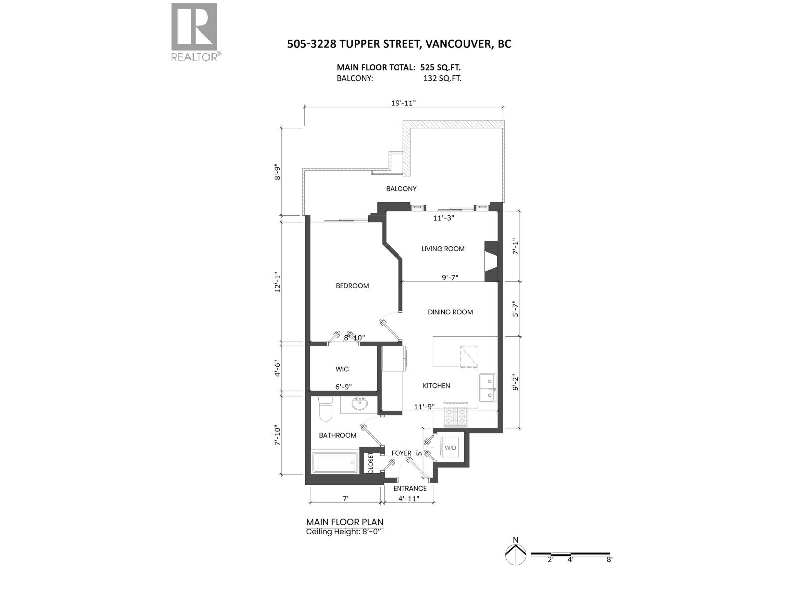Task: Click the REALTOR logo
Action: click(194, 32)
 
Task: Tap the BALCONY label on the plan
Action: click(401, 189)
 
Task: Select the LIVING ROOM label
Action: click(443, 249)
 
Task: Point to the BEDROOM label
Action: click(352, 286)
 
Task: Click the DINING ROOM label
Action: click(450, 312)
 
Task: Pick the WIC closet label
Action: click(342, 369)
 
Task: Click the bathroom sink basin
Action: click(359, 403)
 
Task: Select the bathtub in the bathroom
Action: click(335, 462)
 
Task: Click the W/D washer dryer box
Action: click(450, 448)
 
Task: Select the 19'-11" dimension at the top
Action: click(403, 103)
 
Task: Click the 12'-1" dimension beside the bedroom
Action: click(278, 282)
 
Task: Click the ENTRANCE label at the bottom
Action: click(410, 488)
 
